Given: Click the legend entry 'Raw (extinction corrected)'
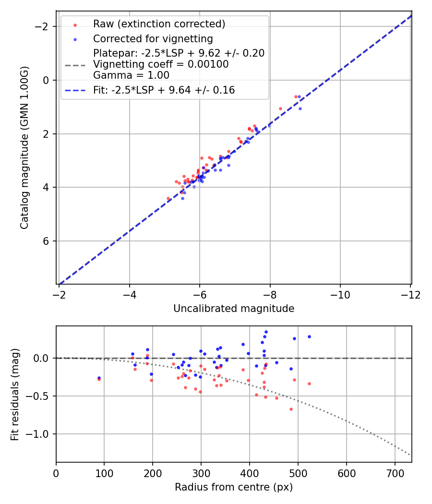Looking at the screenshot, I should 159,24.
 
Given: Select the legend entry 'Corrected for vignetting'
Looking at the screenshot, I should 153,38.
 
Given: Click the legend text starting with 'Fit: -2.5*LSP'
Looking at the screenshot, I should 164,90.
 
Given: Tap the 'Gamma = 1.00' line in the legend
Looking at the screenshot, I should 131,75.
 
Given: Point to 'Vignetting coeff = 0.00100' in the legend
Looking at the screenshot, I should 161,64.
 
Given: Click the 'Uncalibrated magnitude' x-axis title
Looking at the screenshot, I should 234,309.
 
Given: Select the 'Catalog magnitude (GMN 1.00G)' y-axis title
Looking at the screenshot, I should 24,147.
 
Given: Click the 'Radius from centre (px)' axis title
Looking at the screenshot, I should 234,487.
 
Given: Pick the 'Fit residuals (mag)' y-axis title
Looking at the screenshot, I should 15,394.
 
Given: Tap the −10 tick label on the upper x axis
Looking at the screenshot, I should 340,294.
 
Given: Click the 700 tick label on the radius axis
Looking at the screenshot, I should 395,473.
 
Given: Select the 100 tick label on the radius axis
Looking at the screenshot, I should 104,473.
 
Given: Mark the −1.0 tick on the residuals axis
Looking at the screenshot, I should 41,434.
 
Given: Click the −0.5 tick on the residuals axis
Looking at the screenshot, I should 41,396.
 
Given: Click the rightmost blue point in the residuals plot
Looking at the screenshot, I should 309,336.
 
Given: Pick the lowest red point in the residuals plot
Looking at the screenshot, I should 291,409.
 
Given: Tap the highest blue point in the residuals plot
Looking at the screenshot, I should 266,332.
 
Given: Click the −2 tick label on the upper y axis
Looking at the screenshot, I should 44,26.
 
